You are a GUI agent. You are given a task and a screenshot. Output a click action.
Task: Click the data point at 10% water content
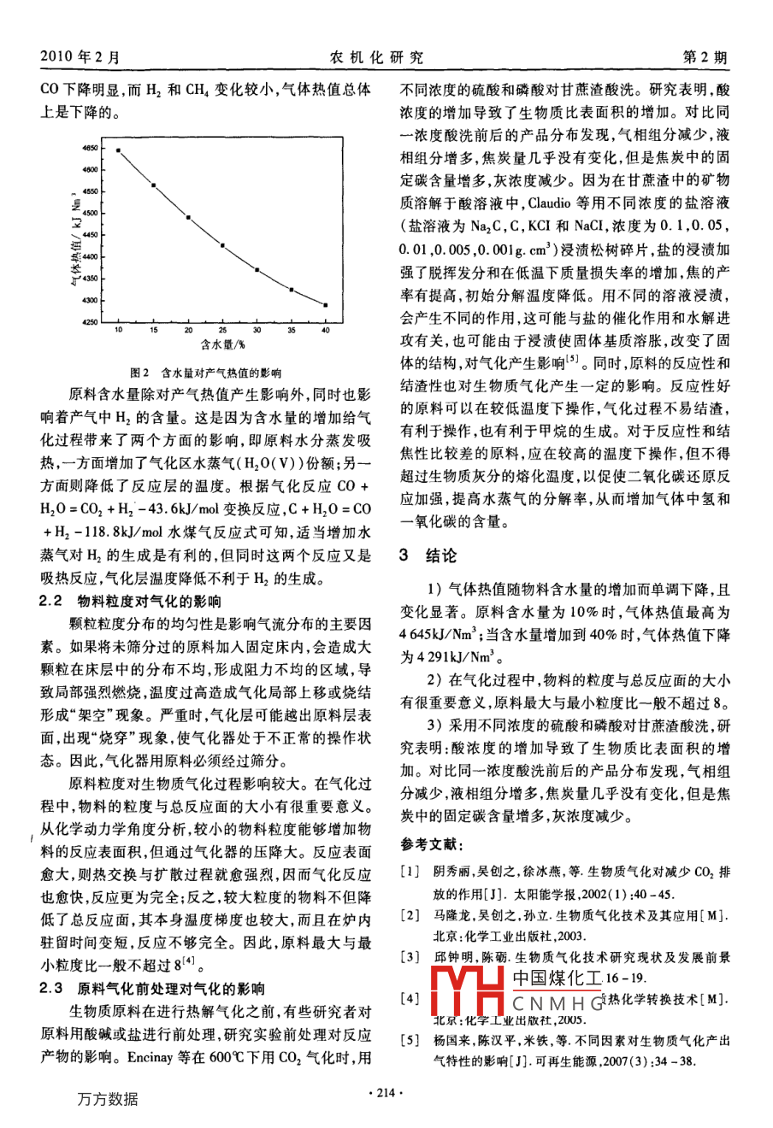[x=119, y=150]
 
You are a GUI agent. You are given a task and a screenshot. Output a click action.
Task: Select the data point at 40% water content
[x=326, y=305]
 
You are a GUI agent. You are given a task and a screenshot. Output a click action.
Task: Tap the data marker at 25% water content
[x=222, y=246]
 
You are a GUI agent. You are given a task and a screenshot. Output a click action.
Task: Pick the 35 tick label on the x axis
[x=291, y=330]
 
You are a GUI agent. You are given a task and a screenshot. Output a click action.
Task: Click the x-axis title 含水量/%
[x=223, y=344]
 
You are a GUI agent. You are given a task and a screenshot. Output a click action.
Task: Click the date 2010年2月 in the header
[x=80, y=58]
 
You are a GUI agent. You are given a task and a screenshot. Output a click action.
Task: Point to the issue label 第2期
[x=705, y=58]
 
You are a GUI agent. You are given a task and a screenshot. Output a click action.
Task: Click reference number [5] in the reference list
[x=412, y=1042]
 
